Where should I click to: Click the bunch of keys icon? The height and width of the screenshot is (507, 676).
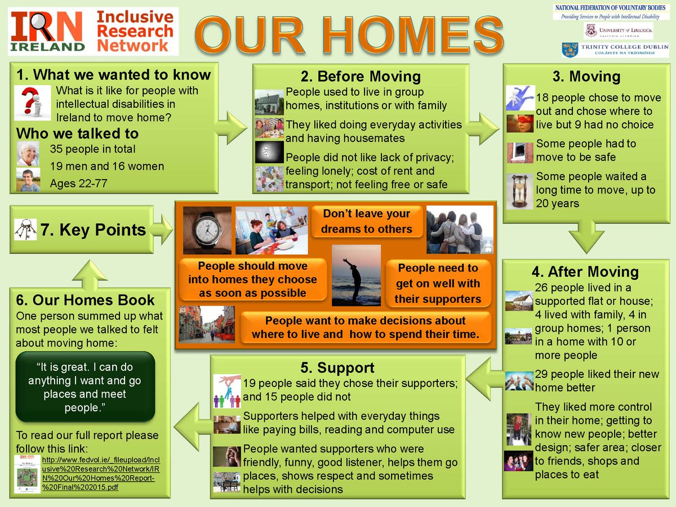point(25,229)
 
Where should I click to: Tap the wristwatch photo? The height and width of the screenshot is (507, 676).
point(207,230)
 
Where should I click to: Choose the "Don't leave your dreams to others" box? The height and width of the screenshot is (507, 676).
point(366,221)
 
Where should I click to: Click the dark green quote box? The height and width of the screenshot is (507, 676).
point(84,387)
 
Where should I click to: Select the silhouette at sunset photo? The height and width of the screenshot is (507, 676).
point(356,275)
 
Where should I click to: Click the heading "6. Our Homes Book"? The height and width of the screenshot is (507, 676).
point(85,300)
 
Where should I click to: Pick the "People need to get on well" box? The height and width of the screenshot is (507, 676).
point(438,283)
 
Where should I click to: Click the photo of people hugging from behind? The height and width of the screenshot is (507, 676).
point(459,229)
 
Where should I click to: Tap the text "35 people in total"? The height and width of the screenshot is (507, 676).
point(92,149)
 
